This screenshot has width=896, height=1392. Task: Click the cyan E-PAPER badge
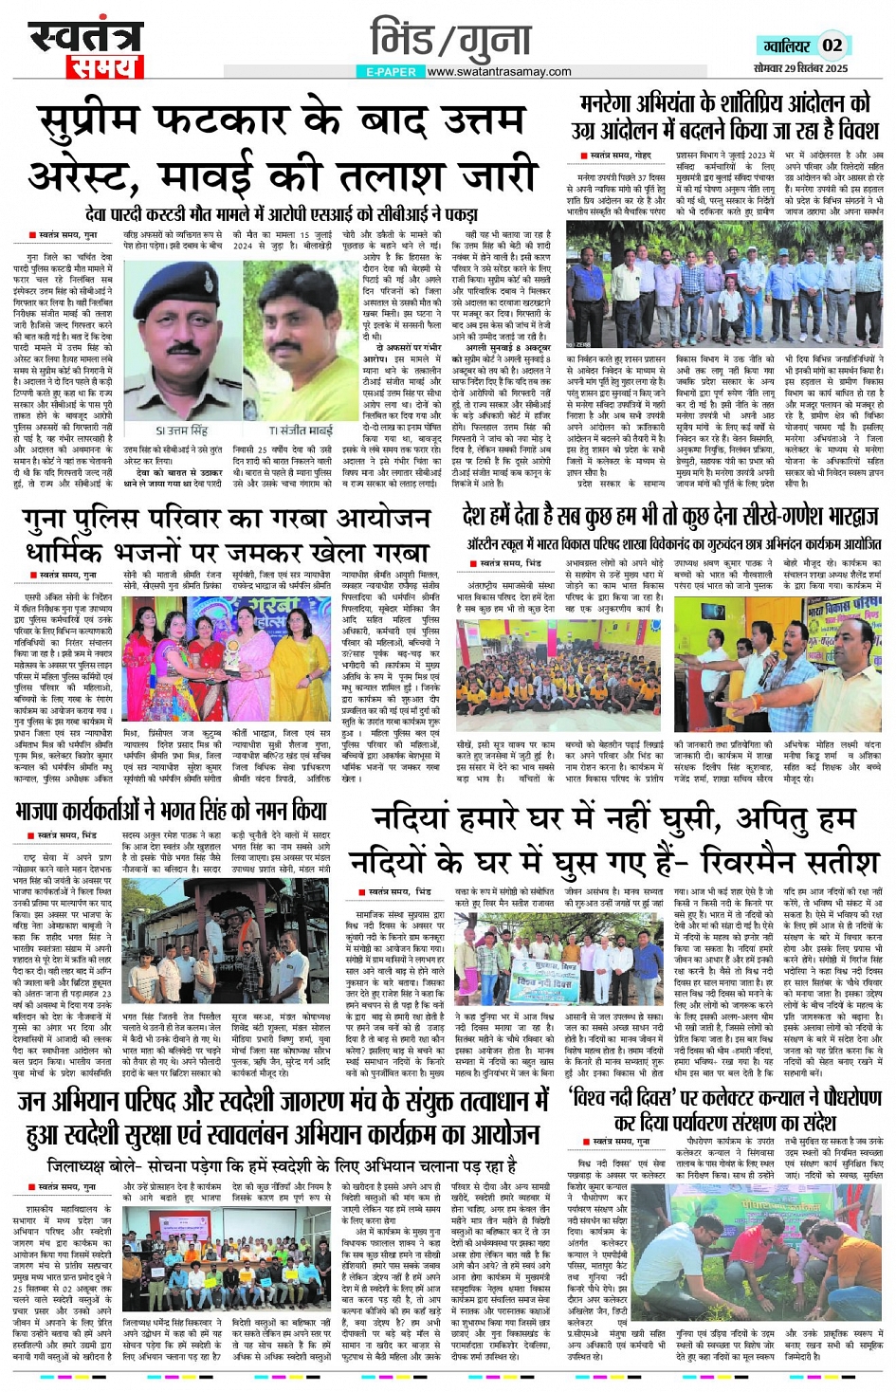(x=391, y=72)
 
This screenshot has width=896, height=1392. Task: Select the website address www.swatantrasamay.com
(x=499, y=72)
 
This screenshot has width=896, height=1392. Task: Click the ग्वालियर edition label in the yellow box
(x=786, y=46)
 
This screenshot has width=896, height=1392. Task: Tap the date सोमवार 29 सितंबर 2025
(x=801, y=69)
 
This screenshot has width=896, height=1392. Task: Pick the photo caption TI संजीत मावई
(x=301, y=430)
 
